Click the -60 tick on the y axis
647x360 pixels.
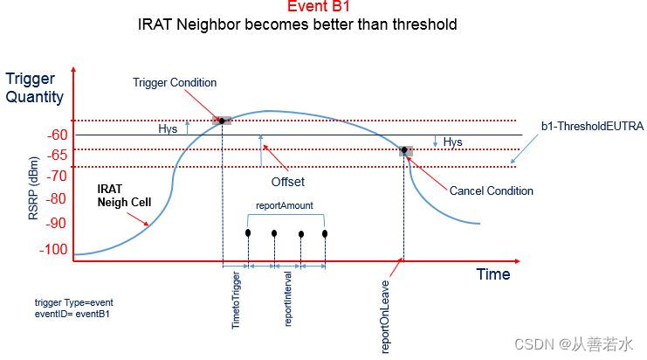click(57, 135)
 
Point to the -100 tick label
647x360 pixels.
click(53, 250)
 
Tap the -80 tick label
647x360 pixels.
click(57, 198)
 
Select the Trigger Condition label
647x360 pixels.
click(175, 83)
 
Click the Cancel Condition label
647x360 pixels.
click(491, 190)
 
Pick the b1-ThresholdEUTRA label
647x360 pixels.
click(592, 127)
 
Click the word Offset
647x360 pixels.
click(286, 183)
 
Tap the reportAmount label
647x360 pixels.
click(285, 206)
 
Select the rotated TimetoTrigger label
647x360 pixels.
click(236, 300)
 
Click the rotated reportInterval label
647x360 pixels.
click(289, 302)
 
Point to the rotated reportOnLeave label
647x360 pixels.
click(386, 315)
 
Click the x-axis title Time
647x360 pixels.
click(492, 274)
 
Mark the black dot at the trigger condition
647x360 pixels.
click(222, 120)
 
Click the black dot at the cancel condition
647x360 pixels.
click(405, 150)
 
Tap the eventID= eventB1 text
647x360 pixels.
click(72, 313)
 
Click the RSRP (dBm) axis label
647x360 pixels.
click(33, 190)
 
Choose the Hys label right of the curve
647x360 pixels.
click(452, 142)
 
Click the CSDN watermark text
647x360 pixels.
click(575, 344)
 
